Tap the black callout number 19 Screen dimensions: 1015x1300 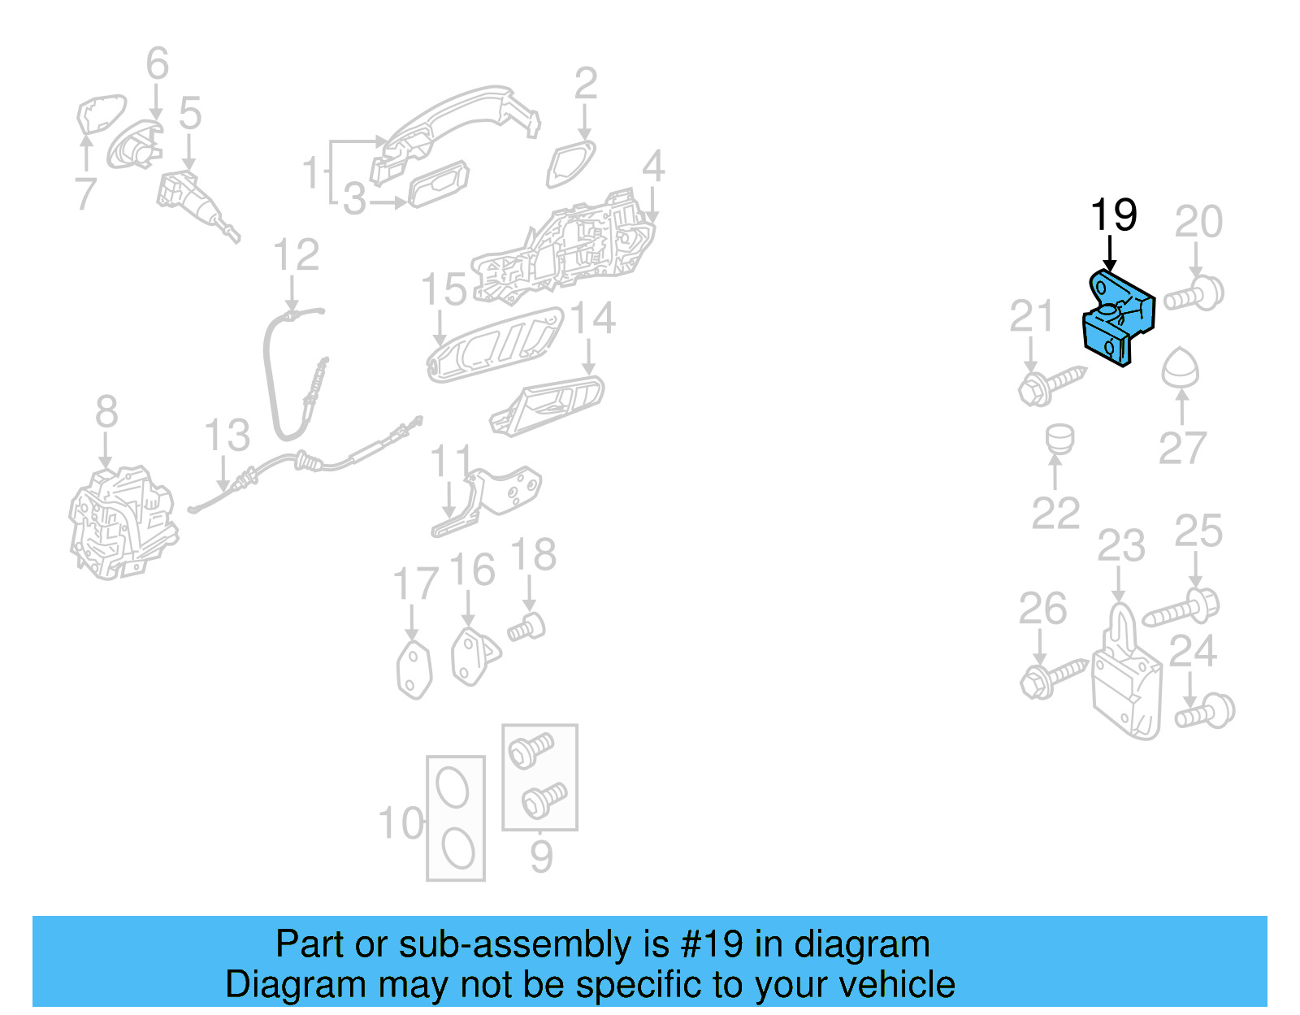[1113, 215]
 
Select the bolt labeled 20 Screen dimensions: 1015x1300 [1194, 295]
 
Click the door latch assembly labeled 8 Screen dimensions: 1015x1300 [122, 523]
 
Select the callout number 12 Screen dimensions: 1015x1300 [296, 255]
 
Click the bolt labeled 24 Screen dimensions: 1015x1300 [1207, 712]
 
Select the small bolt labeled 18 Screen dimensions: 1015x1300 [526, 628]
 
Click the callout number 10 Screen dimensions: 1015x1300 [401, 823]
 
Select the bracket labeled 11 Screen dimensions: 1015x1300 [487, 500]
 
